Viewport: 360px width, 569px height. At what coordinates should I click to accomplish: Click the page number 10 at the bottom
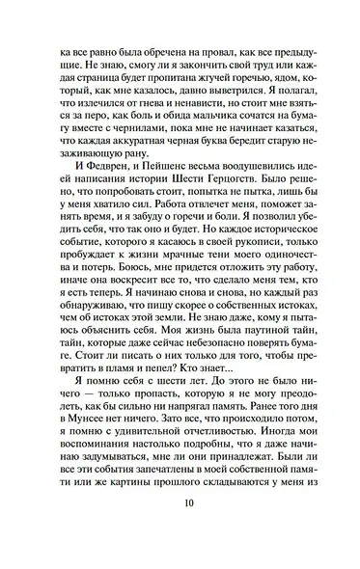click(180, 528)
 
